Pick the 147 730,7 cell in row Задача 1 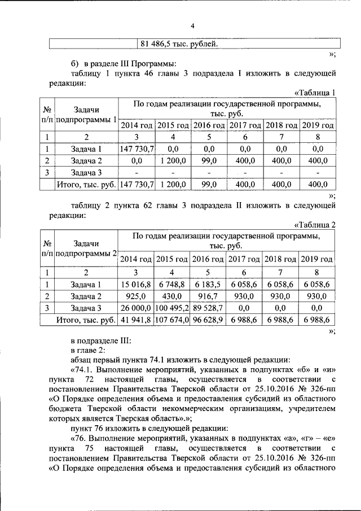(136, 149)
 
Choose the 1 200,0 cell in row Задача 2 (173, 160)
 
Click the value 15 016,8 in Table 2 (136, 284)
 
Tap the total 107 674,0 (173, 320)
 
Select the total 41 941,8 (136, 320)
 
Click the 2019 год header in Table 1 (318, 125)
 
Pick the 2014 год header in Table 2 (136, 259)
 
